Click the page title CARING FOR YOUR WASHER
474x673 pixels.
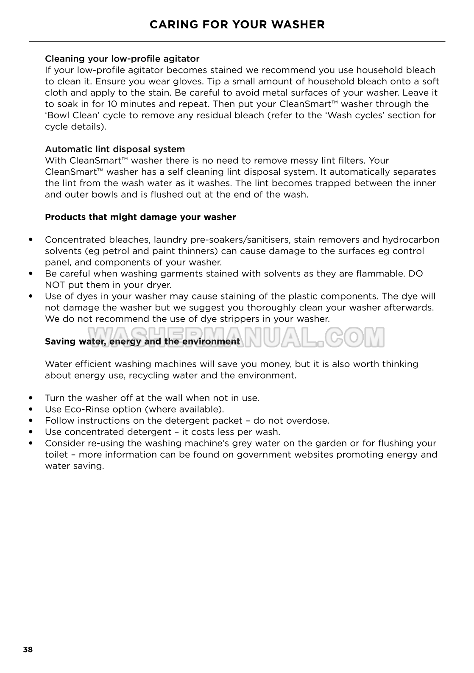point(237,25)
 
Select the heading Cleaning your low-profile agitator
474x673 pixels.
point(122,59)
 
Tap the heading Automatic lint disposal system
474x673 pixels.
point(115,149)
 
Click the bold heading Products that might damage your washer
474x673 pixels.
point(140,217)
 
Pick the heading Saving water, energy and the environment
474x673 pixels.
point(142,341)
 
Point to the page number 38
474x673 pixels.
point(28,650)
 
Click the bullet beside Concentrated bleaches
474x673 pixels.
point(31,240)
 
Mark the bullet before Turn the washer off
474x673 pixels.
point(31,398)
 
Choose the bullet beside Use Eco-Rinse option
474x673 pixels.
point(31,410)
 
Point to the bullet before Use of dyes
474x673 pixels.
point(31,296)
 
